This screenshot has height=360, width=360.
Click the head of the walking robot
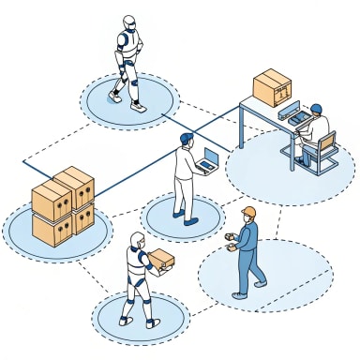129,22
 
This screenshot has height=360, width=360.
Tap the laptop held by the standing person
209,162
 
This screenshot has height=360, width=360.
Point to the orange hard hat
248,211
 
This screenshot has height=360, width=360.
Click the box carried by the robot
162,260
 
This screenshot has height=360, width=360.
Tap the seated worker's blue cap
316,108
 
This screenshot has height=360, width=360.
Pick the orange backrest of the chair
327,145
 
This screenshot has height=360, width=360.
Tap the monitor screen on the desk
289,112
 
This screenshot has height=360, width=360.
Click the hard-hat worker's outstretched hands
228,246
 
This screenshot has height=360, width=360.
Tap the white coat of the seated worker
316,129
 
